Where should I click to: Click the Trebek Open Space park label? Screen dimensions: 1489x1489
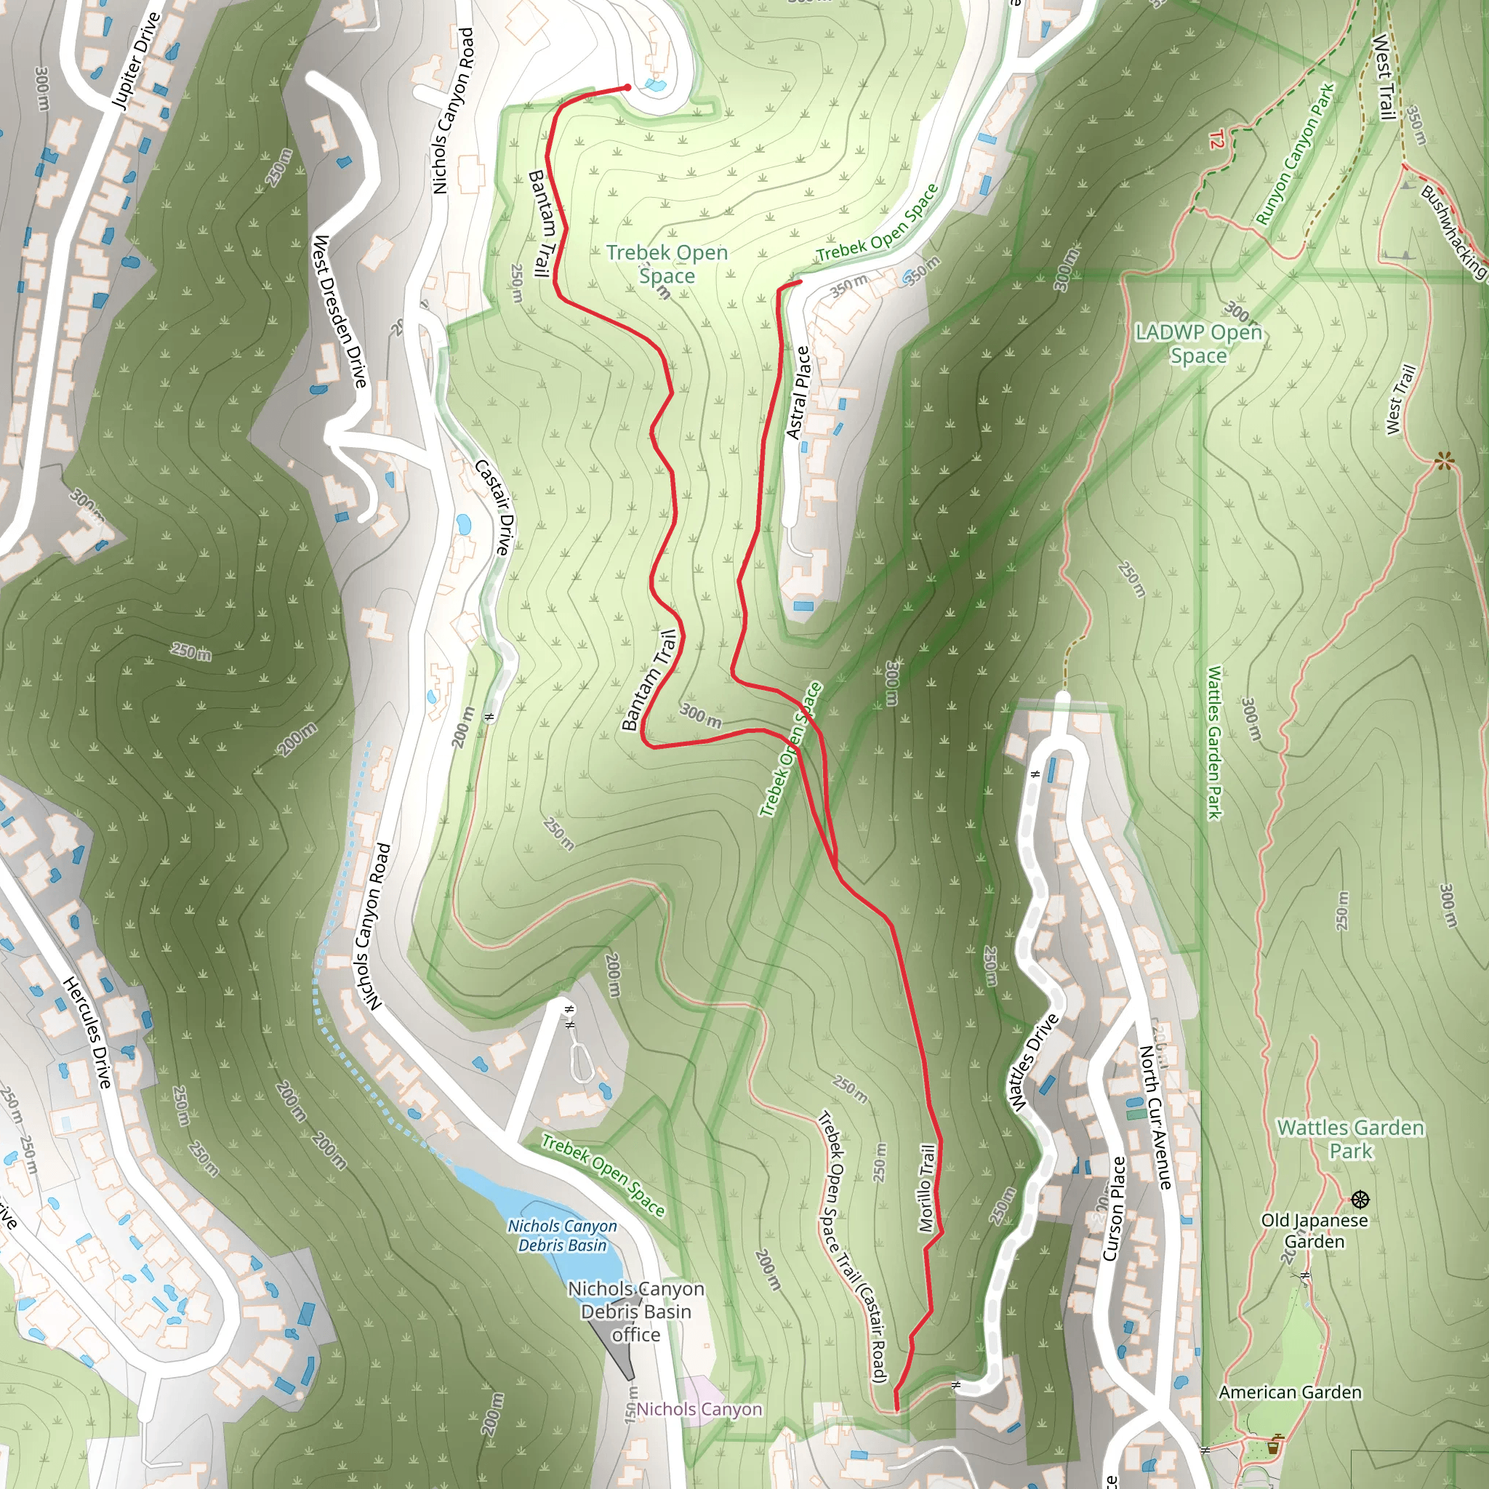click(x=667, y=264)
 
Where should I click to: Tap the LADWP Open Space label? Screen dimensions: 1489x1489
click(x=1198, y=344)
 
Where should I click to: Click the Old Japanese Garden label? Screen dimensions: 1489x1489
click(x=1314, y=1231)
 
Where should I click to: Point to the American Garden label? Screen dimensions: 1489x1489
click(x=1289, y=1392)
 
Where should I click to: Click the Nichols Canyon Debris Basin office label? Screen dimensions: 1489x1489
click(x=636, y=1311)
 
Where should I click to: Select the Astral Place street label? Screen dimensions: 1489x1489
click(x=798, y=393)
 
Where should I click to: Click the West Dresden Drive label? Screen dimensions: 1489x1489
click(x=339, y=311)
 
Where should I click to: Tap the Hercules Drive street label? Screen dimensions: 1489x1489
click(x=88, y=1032)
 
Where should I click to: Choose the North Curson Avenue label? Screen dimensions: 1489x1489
click(x=1155, y=1117)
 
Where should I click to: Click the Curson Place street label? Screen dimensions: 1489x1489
click(x=1115, y=1208)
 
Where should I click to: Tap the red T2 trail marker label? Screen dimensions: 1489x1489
click(x=1216, y=140)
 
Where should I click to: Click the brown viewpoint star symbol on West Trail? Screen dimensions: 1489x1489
click(x=1445, y=462)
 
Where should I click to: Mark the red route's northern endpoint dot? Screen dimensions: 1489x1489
click(x=627, y=88)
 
